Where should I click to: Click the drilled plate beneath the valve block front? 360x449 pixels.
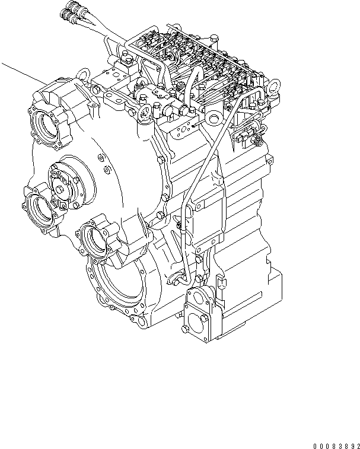(x=181, y=125)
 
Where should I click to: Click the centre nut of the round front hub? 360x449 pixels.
(x=62, y=186)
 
